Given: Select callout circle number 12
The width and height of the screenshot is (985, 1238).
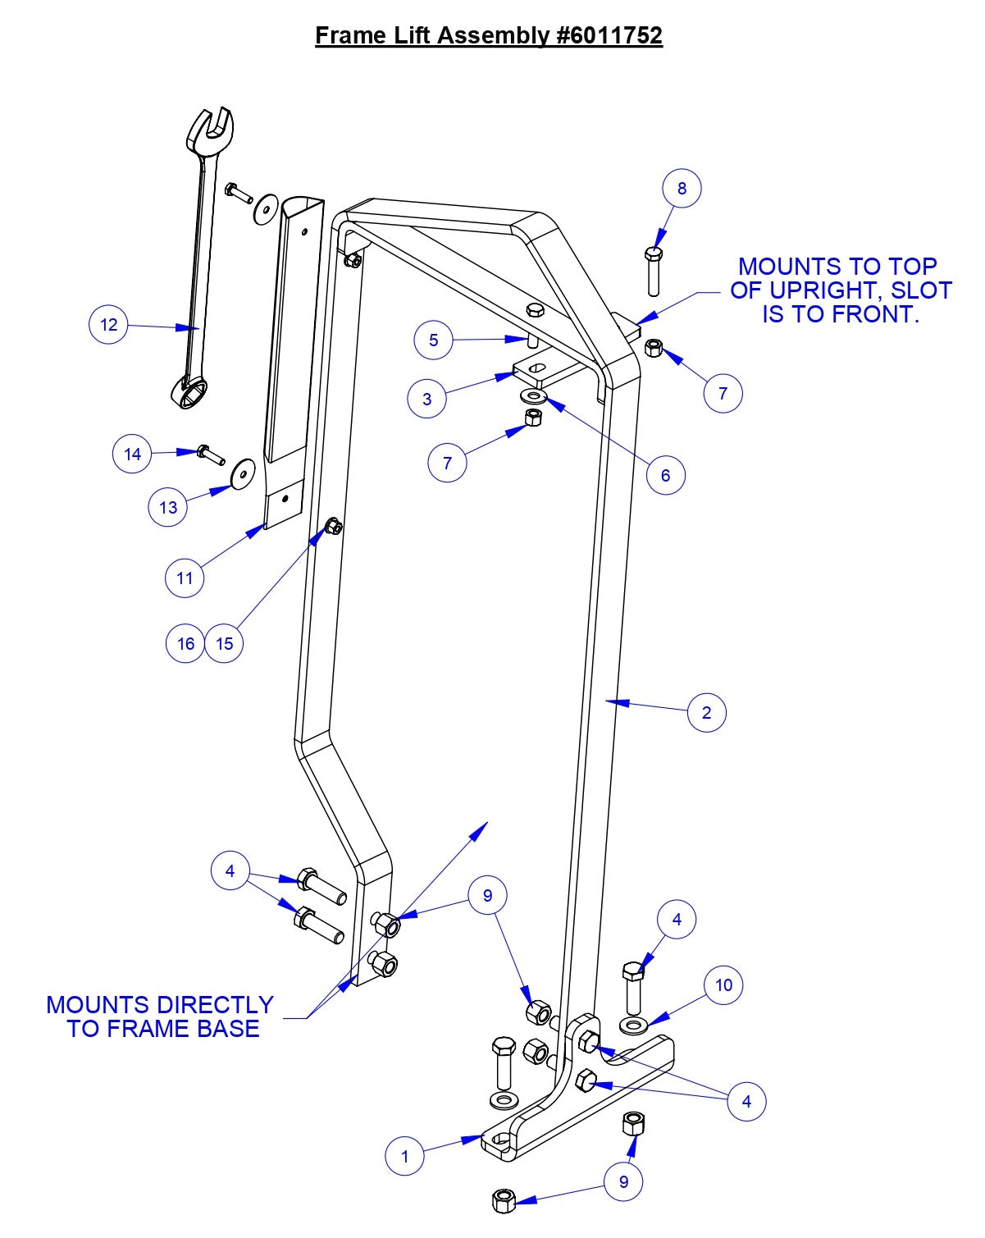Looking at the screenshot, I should pos(108,324).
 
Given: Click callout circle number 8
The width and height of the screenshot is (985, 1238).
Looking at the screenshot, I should pos(682,188).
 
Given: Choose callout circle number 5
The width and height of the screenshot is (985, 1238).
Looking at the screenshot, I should pos(434,340).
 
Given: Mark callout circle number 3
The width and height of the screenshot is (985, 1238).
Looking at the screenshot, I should pos(426,400).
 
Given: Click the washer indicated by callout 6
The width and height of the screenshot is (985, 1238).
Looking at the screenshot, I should pos(535,398).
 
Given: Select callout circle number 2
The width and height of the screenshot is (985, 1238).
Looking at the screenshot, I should pos(707,712).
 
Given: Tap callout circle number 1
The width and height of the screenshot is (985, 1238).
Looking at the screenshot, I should pos(404,1157).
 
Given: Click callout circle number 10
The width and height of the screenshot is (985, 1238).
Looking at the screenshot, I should pos(723,984).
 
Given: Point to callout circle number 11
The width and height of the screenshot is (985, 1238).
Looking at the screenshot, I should pos(185,578).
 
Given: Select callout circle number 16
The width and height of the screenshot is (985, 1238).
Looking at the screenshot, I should pos(185,643).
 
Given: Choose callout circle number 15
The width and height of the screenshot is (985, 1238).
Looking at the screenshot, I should pos(225,643).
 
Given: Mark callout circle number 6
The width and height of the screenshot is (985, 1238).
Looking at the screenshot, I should pos(665,474).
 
